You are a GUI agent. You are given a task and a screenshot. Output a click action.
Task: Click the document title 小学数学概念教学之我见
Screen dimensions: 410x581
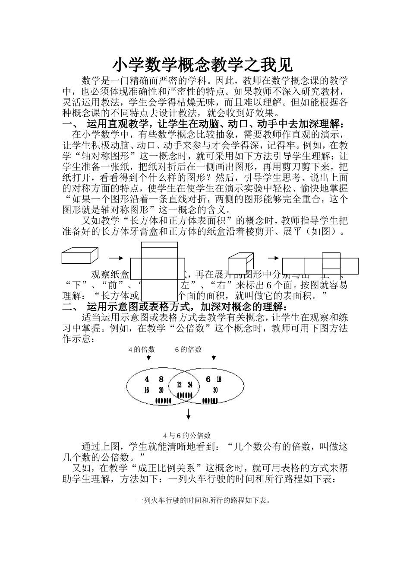203,65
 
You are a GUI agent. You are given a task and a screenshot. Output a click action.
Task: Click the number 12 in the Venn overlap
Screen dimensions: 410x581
179,385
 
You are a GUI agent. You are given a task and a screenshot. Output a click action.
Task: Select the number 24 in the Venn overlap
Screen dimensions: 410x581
190,385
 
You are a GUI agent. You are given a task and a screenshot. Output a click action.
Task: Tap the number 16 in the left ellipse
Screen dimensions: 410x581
147,390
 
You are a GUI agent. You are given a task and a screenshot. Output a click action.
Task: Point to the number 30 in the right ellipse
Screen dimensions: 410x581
215,390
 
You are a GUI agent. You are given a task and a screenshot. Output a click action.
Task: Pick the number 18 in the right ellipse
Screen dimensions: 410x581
219,380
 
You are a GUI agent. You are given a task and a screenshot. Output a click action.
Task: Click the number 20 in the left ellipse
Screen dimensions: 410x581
161,390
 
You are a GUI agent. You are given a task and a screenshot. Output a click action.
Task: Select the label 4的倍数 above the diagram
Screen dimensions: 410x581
142,349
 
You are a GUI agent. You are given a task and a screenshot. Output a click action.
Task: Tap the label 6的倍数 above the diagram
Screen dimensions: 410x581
188,349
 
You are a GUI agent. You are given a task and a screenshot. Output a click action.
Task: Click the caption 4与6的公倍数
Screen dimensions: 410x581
187,435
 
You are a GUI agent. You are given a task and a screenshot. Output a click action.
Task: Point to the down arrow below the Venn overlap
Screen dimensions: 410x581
189,415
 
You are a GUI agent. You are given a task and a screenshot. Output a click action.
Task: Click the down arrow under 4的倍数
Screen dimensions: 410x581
148,358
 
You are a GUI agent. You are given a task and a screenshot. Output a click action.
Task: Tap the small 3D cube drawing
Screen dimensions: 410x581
240,262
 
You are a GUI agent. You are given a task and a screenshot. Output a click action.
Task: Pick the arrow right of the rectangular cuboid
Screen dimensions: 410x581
113,258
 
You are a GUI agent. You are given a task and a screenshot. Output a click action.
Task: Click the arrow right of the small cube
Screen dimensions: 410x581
273,258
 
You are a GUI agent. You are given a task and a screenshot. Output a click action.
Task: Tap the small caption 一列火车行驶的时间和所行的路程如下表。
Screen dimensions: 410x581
203,501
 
